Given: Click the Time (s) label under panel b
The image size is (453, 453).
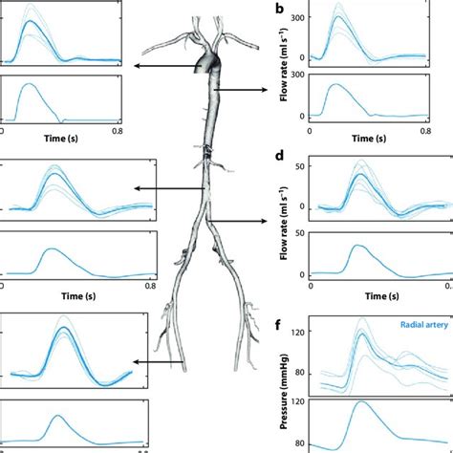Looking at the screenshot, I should point(371,138).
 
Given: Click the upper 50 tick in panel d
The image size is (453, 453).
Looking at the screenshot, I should point(304,165).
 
